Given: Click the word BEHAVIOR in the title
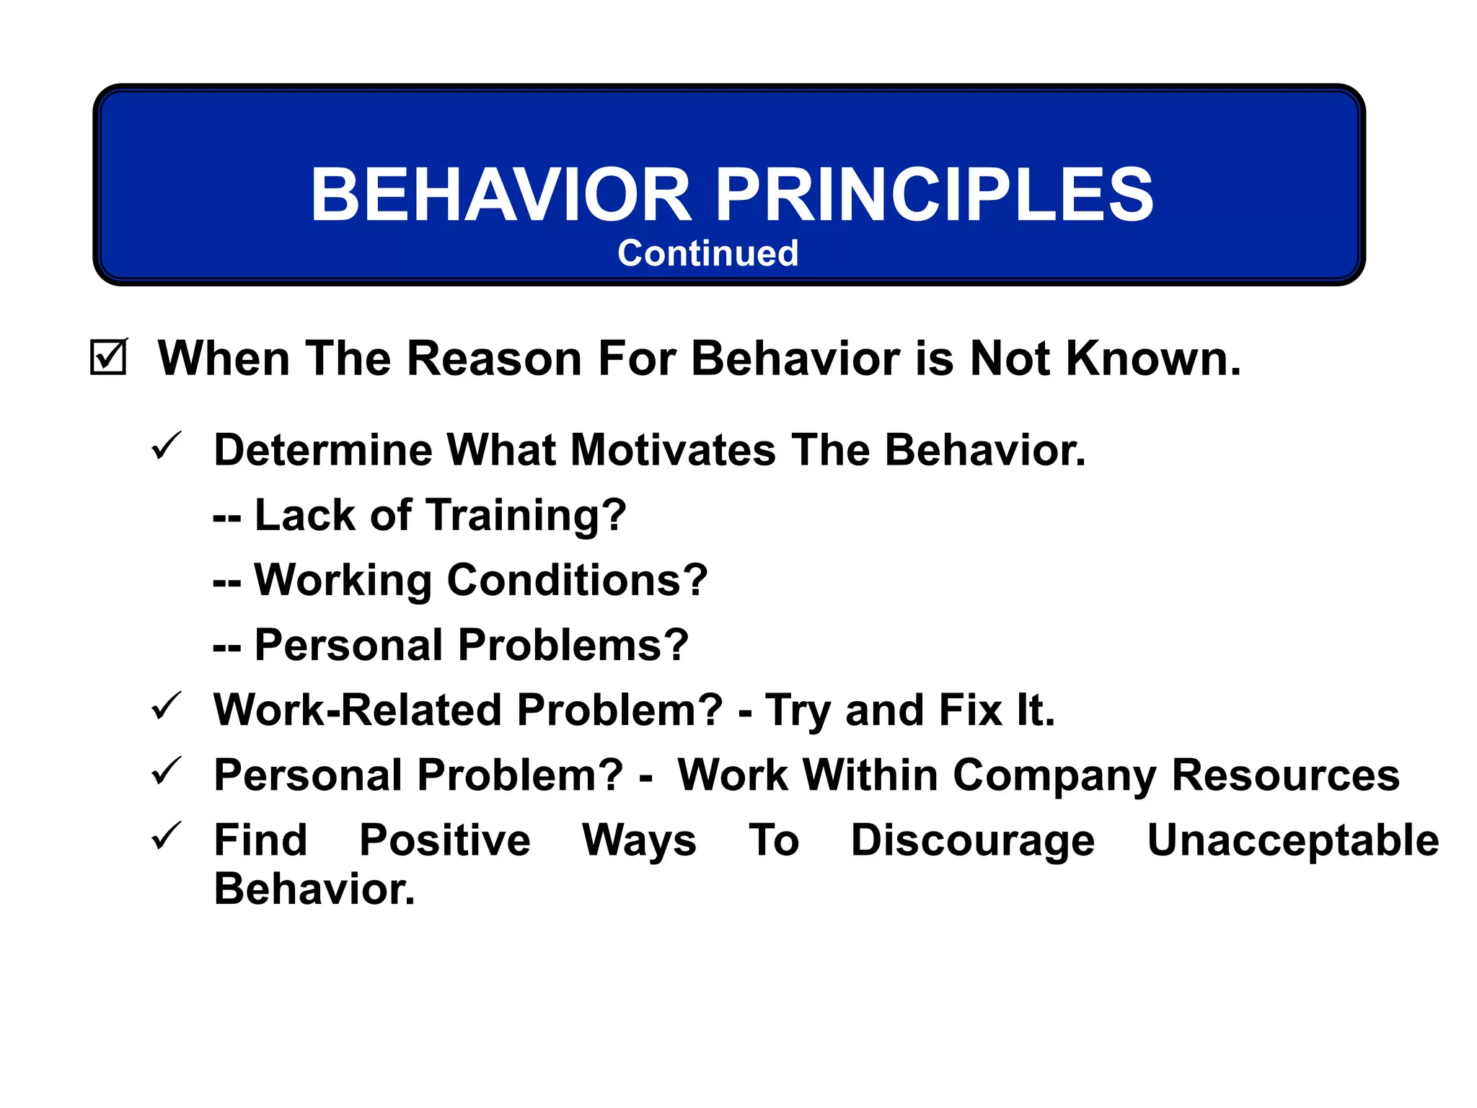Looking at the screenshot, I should point(501,195).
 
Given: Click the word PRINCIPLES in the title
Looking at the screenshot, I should point(935,195).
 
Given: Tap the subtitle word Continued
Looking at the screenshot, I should point(707,253).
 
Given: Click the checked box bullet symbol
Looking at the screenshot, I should point(108,358).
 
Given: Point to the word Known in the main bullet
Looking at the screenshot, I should point(1152,359).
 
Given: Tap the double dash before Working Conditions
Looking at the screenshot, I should point(226,582).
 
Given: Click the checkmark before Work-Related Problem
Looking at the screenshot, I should point(167,706).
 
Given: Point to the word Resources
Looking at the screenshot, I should point(1285,775).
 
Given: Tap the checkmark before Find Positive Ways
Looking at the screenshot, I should point(167,836).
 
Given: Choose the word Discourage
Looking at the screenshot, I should point(972,841).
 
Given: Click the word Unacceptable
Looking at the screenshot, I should point(1292,841).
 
